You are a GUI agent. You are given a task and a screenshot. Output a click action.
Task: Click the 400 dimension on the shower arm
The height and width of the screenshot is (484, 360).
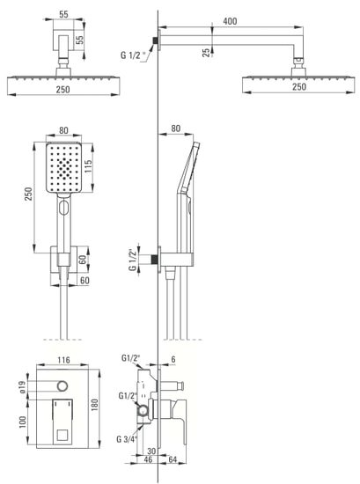(x=230, y=21)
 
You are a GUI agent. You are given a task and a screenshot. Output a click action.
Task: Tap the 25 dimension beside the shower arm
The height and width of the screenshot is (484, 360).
(x=206, y=52)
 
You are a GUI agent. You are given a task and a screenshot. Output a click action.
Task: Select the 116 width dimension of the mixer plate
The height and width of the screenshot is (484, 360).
(x=63, y=360)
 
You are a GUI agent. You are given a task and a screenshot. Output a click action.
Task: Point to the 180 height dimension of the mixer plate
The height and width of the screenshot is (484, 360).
(x=95, y=405)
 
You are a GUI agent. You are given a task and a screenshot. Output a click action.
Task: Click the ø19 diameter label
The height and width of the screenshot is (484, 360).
(x=22, y=386)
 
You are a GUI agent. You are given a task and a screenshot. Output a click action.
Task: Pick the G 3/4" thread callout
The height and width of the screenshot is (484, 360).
(x=127, y=438)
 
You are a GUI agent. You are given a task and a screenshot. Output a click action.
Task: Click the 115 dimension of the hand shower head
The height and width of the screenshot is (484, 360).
(x=88, y=166)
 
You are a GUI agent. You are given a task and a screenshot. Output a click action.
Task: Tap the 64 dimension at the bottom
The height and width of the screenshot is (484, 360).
(x=173, y=459)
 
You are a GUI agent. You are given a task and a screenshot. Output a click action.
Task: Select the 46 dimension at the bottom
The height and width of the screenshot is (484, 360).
(x=148, y=459)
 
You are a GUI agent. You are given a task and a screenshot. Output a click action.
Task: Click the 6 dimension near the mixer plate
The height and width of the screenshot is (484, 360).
(x=173, y=359)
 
